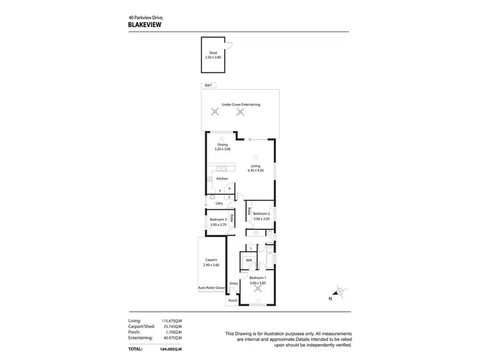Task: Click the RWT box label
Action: [x=207, y=85]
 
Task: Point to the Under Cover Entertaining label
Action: [x=241, y=104]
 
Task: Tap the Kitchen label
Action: [x=222, y=179]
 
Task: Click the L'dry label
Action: [x=218, y=203]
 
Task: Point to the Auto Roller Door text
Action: [x=212, y=288]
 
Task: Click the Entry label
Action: [x=234, y=283]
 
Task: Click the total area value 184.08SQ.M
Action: [x=171, y=349]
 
